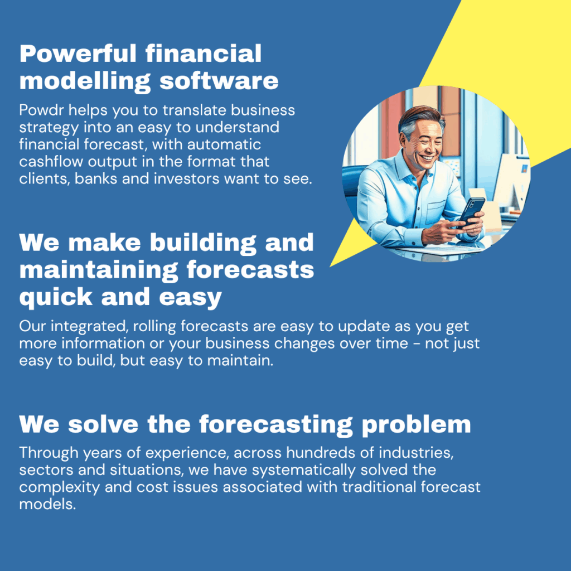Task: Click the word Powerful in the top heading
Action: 78,54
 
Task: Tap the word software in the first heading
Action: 219,80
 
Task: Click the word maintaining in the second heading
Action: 99,270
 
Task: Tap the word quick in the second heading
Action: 56,297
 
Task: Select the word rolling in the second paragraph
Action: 154,326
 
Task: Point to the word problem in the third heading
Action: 416,424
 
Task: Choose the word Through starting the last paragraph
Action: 49,453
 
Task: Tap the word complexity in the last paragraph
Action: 59,487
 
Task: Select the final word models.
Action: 47,504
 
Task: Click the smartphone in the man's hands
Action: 471,212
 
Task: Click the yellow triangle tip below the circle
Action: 331,266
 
